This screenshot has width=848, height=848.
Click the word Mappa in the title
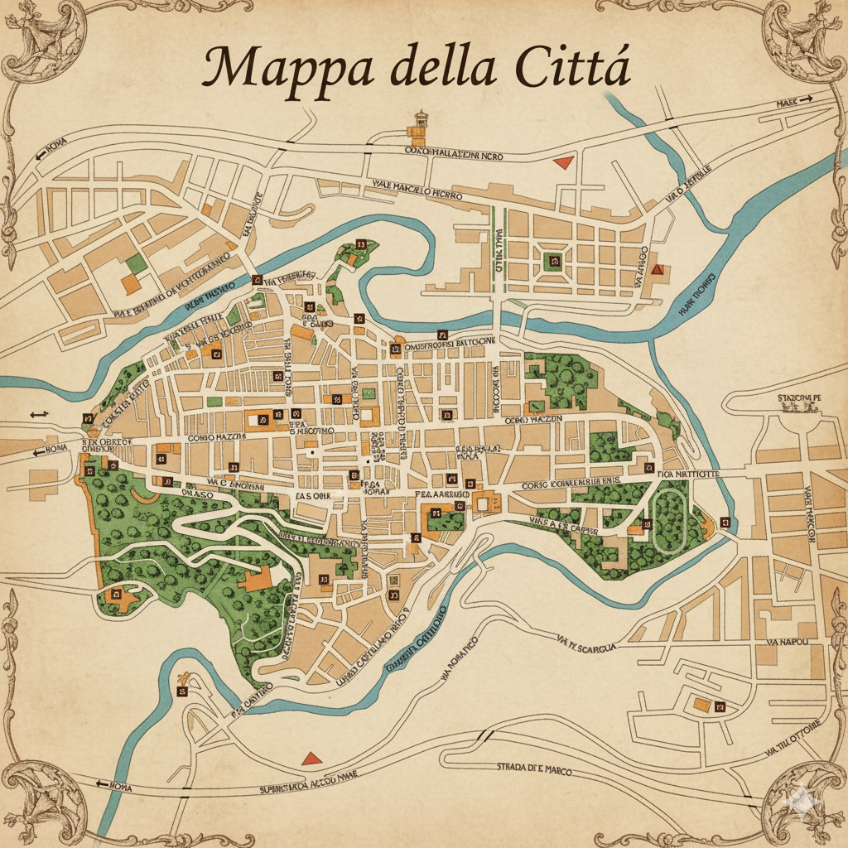pos(273,70)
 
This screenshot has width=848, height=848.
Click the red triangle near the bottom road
pos(311,758)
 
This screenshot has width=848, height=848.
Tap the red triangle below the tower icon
pos(564,161)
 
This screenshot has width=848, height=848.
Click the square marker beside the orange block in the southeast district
pos(720,706)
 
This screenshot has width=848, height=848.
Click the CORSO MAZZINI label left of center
pos(217,436)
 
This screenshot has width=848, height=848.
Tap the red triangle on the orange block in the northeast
pos(658,269)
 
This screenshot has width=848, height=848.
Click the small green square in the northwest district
pos(137,264)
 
